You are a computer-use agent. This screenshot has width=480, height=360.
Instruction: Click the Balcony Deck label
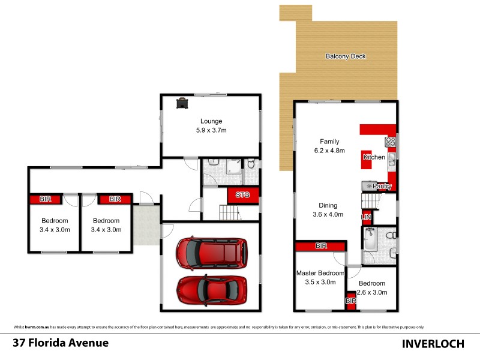[345, 56]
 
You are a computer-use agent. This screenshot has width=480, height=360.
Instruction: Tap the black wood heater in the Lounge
[181, 103]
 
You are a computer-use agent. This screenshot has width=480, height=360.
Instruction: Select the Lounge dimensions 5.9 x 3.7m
[211, 130]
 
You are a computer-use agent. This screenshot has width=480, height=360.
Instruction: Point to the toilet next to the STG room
[251, 164]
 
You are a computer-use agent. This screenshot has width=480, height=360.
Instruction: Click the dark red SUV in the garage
[212, 254]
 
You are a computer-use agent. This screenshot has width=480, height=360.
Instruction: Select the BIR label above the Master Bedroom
[320, 246]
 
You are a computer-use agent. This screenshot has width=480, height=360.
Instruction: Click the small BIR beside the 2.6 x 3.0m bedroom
[350, 301]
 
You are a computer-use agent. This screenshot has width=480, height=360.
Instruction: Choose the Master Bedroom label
[320, 273]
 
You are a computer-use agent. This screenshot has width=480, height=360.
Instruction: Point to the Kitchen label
[374, 157]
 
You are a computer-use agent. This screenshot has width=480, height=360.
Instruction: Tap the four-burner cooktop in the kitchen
[390, 142]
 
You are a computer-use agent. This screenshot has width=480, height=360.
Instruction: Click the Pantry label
[382, 187]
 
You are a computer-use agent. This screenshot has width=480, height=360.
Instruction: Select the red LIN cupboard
[365, 217]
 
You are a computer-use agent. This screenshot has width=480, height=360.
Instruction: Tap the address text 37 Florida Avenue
[61, 343]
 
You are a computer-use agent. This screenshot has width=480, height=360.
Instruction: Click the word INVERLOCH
[434, 344]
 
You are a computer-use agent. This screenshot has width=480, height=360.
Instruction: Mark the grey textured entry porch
[146, 226]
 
